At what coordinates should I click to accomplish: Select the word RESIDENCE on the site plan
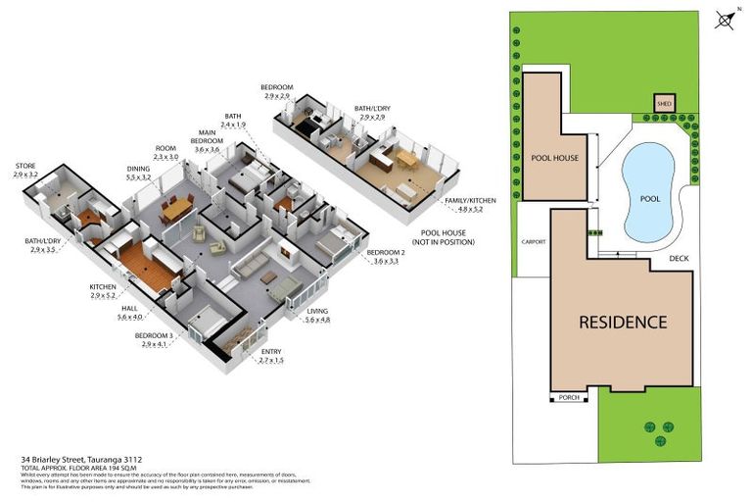[622, 322]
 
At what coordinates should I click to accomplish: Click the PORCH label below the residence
[569, 397]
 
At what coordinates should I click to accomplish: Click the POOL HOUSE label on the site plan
[553, 158]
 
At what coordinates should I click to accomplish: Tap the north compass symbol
[726, 20]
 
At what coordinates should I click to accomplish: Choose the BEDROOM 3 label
[154, 335]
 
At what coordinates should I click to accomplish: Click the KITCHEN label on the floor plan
[103, 286]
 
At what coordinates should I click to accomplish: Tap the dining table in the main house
[177, 209]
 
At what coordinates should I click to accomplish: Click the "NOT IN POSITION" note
[442, 241]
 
